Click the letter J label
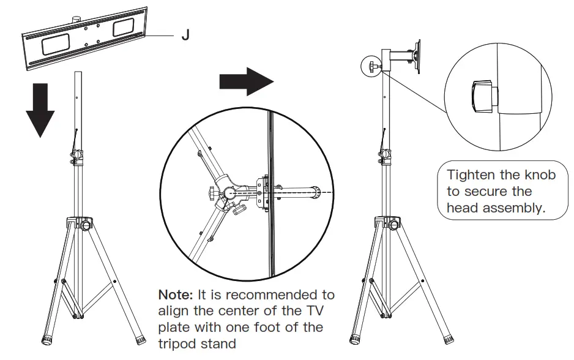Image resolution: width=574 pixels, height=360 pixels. click(x=185, y=36)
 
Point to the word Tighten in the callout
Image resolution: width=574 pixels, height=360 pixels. click(x=473, y=175)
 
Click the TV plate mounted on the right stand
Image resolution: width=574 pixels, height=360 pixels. click(x=418, y=56)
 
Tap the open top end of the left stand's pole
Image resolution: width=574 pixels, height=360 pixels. click(x=78, y=73)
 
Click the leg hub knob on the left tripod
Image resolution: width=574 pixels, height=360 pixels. click(x=86, y=225)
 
